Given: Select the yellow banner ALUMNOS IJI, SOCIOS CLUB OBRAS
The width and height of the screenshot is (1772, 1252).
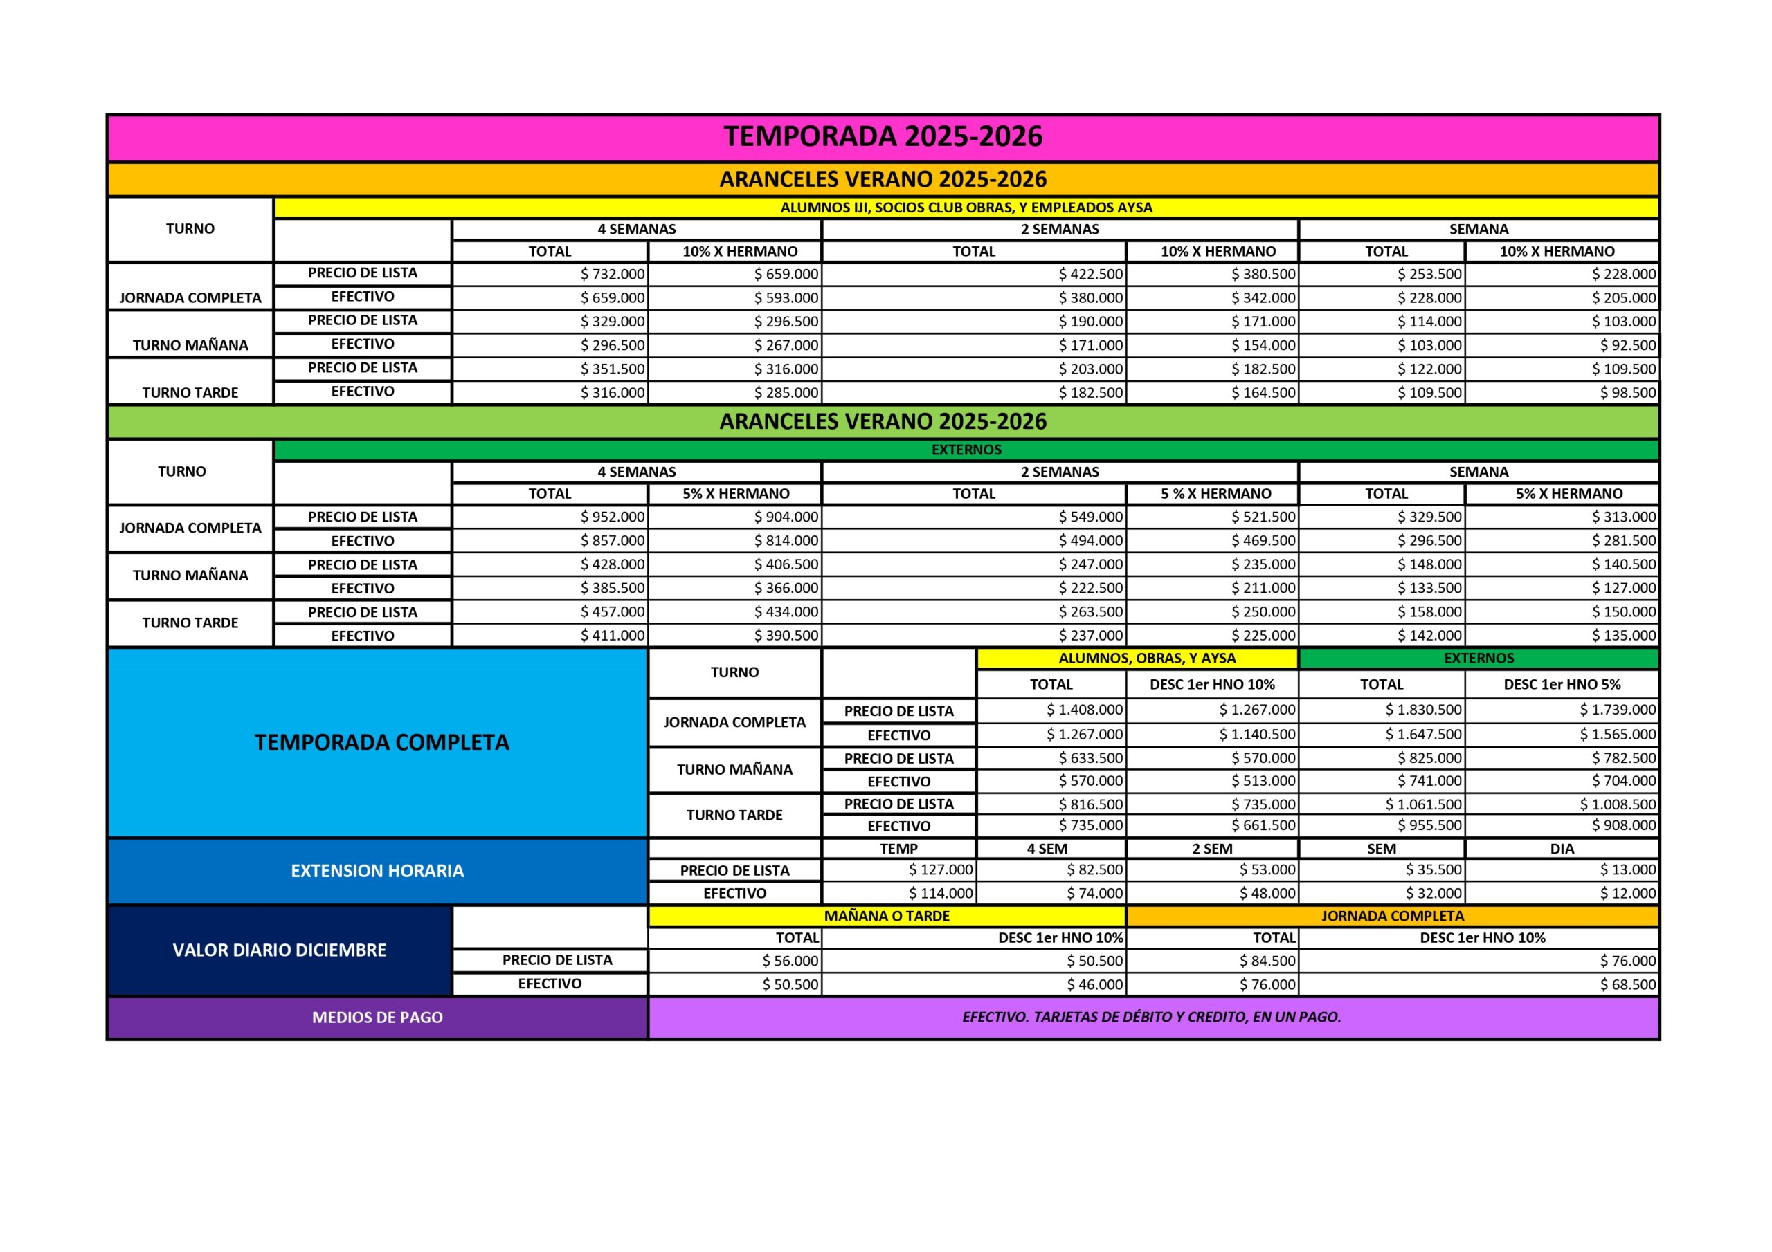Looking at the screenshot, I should (966, 208).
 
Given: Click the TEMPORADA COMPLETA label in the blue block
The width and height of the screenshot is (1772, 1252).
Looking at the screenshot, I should (381, 742).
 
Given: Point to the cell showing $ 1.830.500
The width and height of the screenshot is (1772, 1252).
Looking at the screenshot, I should (1422, 710).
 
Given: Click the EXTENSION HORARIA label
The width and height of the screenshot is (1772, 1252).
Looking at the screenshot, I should (377, 871).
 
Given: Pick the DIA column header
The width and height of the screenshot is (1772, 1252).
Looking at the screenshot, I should (1562, 849).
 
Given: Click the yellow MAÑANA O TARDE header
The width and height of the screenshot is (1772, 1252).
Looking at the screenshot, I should (886, 916).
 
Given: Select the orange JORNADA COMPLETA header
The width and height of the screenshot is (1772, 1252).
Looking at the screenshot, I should (1391, 916).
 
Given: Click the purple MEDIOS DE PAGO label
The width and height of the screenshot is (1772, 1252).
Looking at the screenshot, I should (377, 1018).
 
